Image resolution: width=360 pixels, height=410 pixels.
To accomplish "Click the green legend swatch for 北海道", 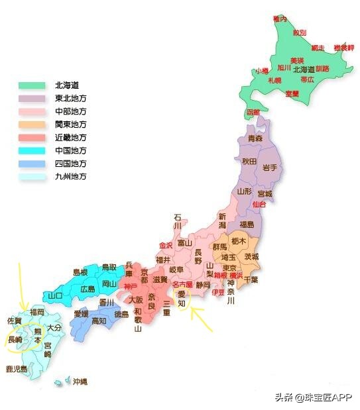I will coord(32,85).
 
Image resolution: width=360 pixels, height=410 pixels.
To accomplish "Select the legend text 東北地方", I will coord(71,98).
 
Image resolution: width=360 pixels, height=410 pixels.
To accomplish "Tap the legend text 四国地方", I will coord(71,163).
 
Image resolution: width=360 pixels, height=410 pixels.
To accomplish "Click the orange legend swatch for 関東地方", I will coord(32,125).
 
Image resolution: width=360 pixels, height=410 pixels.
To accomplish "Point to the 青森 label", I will coord(256,139).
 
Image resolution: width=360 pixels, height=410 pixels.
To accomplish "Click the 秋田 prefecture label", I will coord(249,162).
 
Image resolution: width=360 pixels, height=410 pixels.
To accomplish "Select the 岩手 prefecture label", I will coord(270,167).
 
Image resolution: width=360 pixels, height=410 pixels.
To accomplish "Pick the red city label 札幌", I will coord(274,80).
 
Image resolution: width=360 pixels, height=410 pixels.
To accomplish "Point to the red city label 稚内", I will coord(280,19).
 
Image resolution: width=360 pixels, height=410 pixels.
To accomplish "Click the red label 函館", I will coord(253,112).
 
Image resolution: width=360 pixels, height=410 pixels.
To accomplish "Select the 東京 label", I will coord(230,268).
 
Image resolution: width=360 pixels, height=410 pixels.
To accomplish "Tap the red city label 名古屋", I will coord(182,284).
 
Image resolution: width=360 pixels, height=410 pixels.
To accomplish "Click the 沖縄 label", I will coord(80,382).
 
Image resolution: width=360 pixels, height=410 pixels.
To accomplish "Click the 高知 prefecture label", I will coord(98,321).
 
